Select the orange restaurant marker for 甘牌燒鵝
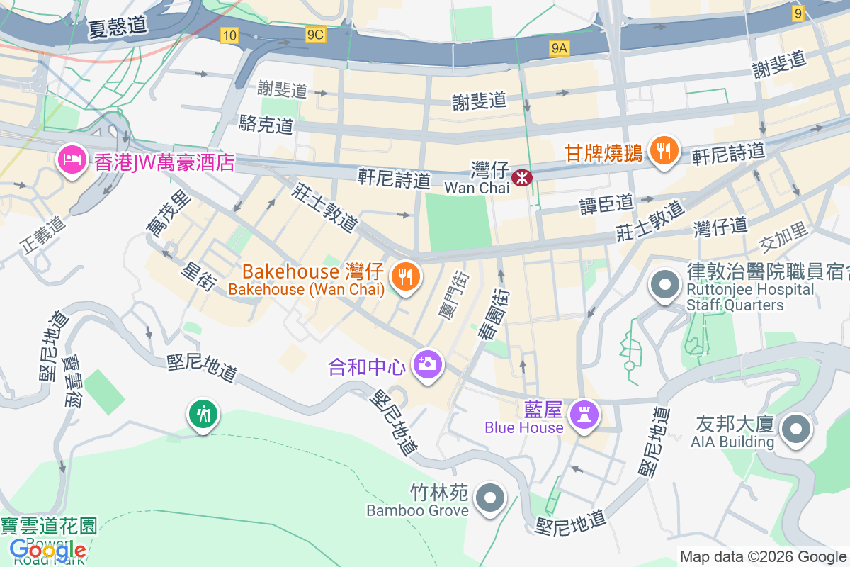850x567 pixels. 664,151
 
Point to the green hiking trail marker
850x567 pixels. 203,414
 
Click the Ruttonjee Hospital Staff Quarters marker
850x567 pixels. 665,285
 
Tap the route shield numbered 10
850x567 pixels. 229,35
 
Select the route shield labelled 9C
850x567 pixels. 315,35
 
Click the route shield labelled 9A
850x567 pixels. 560,47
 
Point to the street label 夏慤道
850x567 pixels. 118,26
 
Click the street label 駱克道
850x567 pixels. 266,125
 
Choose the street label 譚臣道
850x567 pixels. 606,203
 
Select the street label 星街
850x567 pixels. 198,276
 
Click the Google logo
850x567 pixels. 48,549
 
